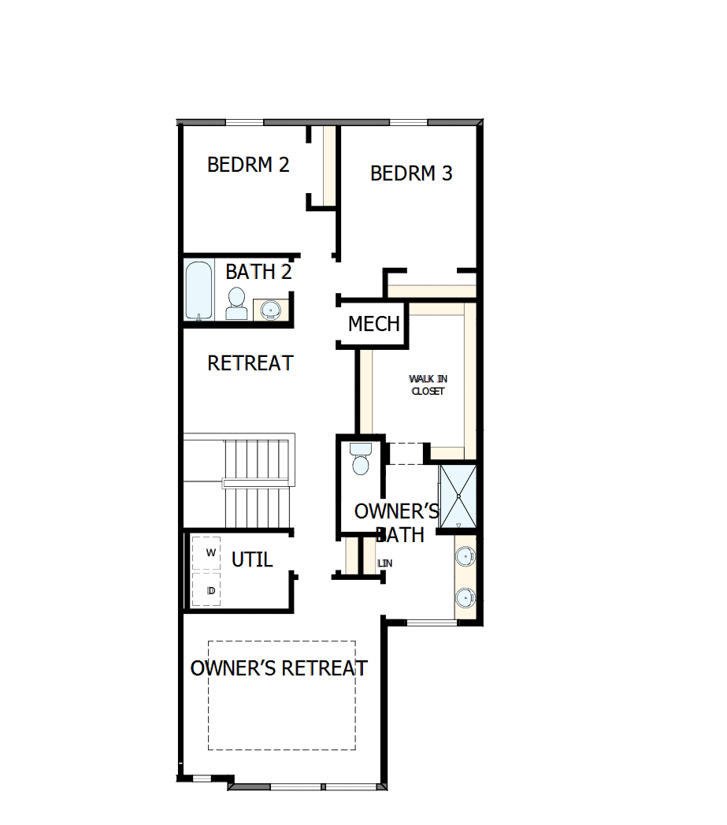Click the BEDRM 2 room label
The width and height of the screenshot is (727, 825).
click(x=248, y=165)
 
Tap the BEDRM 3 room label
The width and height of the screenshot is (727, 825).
click(x=411, y=173)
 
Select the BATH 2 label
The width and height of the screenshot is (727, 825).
click(x=258, y=272)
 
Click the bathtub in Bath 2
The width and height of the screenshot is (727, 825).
click(x=198, y=291)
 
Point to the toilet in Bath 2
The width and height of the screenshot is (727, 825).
click(x=236, y=303)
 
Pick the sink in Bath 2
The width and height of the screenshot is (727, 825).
click(x=270, y=310)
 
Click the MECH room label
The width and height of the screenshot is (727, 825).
click(x=374, y=324)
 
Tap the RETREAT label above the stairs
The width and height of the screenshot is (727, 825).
click(x=250, y=363)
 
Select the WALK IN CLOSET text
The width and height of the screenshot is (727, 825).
click(x=428, y=385)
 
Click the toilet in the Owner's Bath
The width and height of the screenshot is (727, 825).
click(x=361, y=459)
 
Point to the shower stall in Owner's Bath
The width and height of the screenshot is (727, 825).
click(x=458, y=496)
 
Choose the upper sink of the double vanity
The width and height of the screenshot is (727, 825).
click(x=466, y=556)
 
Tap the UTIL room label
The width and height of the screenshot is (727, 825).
click(x=252, y=559)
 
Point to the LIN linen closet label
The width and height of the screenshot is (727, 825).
click(x=385, y=563)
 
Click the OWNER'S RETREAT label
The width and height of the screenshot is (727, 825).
click(x=279, y=668)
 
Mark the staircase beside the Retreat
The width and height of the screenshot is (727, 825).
click(x=252, y=482)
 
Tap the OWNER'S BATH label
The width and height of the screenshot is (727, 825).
click(x=396, y=522)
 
